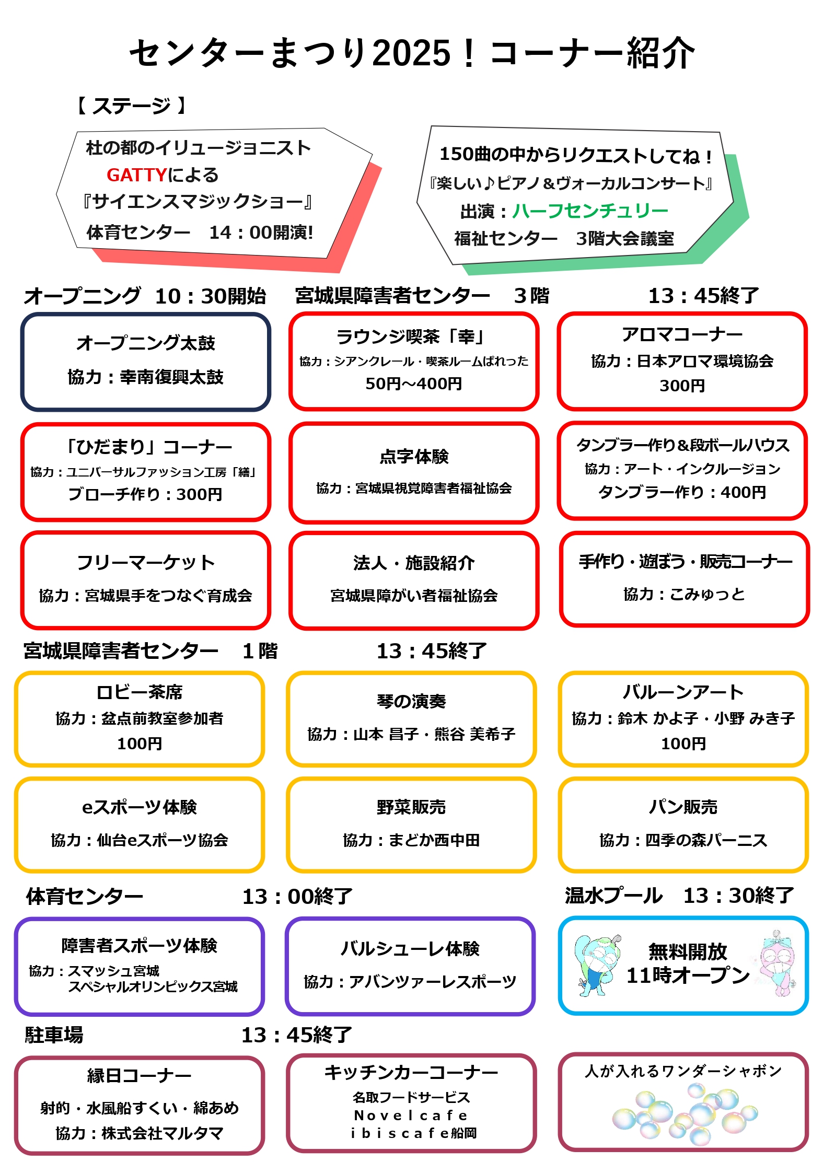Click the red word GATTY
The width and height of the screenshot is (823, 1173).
coord(136,175)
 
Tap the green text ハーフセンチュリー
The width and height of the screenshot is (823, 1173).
coord(590,211)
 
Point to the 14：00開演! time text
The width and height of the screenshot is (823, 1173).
coord(261,233)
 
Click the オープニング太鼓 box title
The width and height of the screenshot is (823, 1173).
coord(146,343)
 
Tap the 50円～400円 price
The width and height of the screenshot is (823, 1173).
coord(413,384)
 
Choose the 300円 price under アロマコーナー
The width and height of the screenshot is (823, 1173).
coord(682,386)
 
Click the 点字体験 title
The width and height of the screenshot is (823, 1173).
coord(414,457)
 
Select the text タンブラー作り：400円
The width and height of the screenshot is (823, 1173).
coord(682,492)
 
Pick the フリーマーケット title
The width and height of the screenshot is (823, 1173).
coord(146,563)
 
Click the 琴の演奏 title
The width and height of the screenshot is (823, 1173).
coord(411,701)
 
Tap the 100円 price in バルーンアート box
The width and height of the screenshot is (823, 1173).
coord(683,744)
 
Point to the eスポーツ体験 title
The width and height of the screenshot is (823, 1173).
coord(140,807)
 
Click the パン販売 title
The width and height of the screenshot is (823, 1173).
coord(683,807)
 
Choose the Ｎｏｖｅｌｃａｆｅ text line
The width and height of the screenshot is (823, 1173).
coord(411,1116)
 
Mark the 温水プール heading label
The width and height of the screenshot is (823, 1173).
coord(613,896)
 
